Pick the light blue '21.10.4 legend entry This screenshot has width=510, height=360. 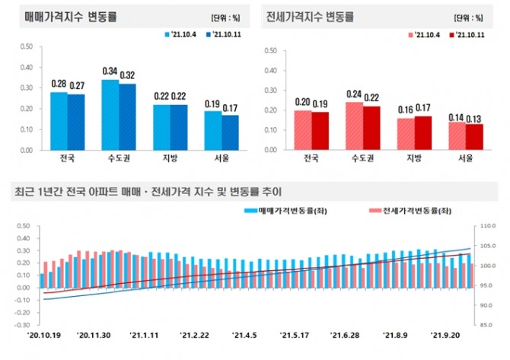181,34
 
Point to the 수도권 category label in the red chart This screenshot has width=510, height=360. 364,160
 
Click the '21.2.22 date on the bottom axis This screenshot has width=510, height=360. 196,333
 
